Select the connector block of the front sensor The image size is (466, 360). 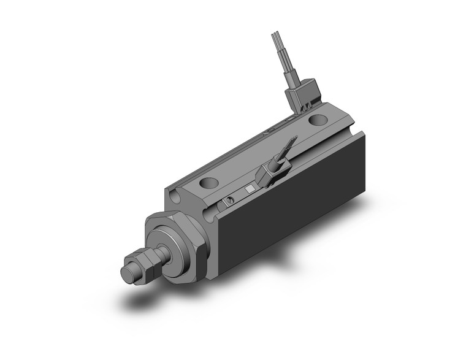pos(270,175)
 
